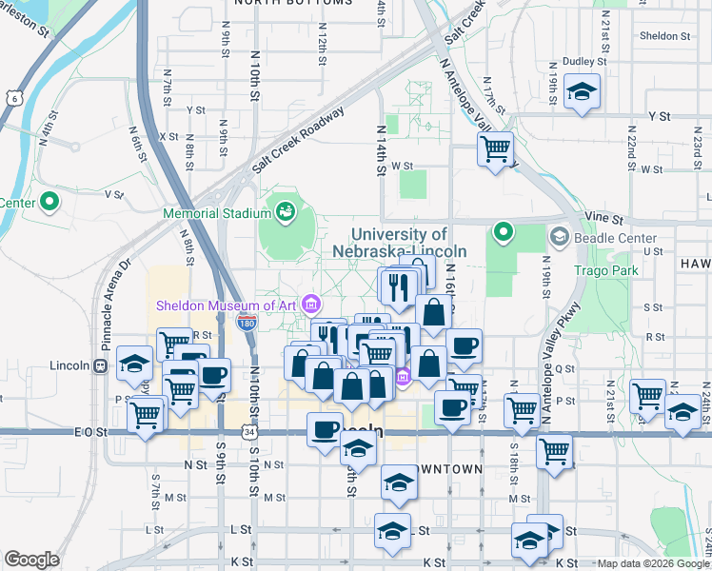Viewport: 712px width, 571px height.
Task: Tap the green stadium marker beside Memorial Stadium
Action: coord(284,208)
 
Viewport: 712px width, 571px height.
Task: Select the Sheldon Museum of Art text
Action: coord(227,305)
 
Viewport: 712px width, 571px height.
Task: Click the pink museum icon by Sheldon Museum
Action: coord(311,304)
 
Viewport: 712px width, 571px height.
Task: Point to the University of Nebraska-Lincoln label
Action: coord(400,243)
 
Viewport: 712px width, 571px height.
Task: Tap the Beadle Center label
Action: coord(615,237)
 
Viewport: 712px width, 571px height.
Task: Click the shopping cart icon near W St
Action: coord(496,148)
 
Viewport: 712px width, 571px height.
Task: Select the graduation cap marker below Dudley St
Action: coord(582,92)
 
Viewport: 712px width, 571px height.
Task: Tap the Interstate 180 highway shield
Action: coord(247,322)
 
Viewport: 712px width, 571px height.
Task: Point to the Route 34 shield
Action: coord(248,432)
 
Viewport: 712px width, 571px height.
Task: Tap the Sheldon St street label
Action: coord(664,36)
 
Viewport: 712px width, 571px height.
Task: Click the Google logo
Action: coord(32,560)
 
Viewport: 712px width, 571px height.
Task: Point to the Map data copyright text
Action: coord(653,563)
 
